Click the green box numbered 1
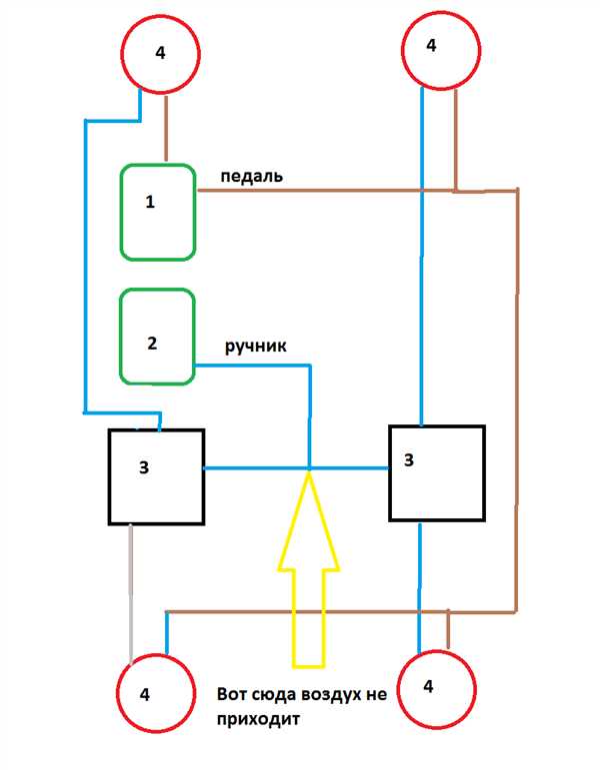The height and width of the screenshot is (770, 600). [x=121, y=212]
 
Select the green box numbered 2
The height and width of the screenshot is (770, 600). [x=121, y=337]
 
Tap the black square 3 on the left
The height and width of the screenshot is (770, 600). [x=109, y=477]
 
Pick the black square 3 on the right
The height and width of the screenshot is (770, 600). [x=390, y=473]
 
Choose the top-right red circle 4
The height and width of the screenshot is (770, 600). [x=402, y=50]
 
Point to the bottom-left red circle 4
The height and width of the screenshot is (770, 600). [x=118, y=692]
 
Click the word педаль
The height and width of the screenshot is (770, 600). [x=251, y=177]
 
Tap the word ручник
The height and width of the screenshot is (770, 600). [x=256, y=347]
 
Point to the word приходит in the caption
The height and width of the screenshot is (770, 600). [x=258, y=719]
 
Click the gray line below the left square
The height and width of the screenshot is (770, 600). [x=131, y=594]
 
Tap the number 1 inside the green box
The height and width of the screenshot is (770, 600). [x=150, y=202]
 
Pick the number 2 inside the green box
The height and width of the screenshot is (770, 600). [x=152, y=343]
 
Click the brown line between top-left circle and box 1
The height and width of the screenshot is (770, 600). [x=166, y=129]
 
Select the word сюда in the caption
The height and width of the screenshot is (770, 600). [x=272, y=695]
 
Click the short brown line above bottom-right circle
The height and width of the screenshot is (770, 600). [x=448, y=629]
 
